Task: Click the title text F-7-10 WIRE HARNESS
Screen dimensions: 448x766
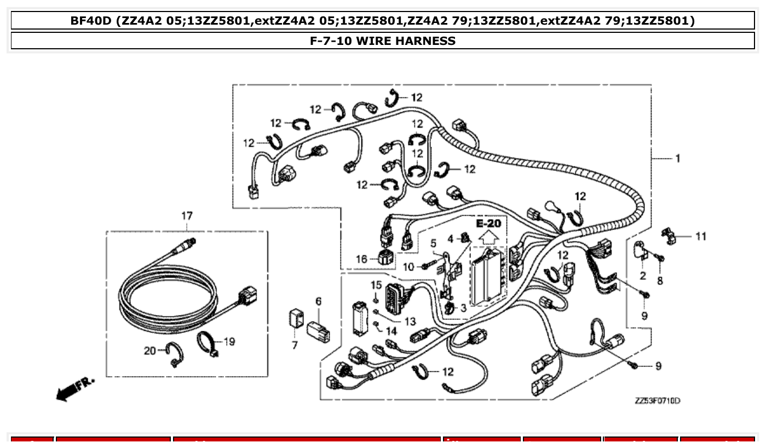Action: pyautogui.click(x=383, y=41)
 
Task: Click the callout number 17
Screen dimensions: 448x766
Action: pyautogui.click(x=187, y=216)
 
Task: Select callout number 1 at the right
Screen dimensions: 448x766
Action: pyautogui.click(x=678, y=158)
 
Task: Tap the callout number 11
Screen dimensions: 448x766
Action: pyautogui.click(x=701, y=237)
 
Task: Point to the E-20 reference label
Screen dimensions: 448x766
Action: pyautogui.click(x=488, y=223)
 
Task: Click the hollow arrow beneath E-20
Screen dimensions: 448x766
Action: pyautogui.click(x=488, y=237)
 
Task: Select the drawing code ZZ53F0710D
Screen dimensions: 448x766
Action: pyautogui.click(x=657, y=401)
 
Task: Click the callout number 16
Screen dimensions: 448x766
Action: pyautogui.click(x=361, y=259)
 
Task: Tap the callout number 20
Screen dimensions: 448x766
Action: pyautogui.click(x=150, y=351)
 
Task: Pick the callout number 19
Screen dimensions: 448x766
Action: pyautogui.click(x=229, y=342)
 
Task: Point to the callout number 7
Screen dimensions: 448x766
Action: pyautogui.click(x=295, y=346)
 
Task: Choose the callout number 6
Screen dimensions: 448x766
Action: pyautogui.click(x=318, y=301)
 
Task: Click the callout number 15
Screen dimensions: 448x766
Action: pyautogui.click(x=376, y=285)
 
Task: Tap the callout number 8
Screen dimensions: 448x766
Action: pyautogui.click(x=660, y=280)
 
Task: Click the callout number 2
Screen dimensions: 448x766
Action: pyautogui.click(x=642, y=275)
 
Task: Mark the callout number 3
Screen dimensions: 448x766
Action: pyautogui.click(x=463, y=308)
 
